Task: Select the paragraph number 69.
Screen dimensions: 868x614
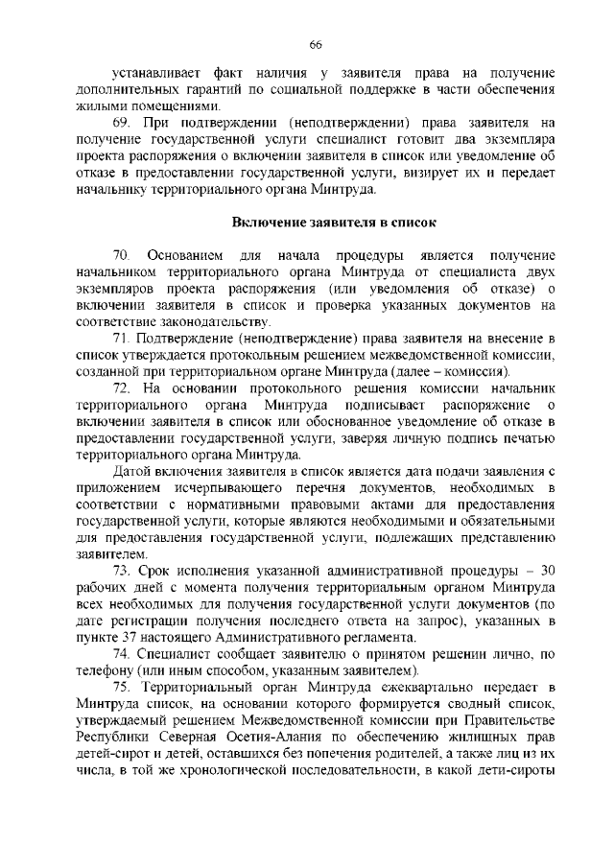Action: (x=121, y=123)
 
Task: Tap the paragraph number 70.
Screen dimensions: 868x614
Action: (x=121, y=256)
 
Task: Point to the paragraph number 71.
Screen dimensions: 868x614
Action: (x=121, y=340)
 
